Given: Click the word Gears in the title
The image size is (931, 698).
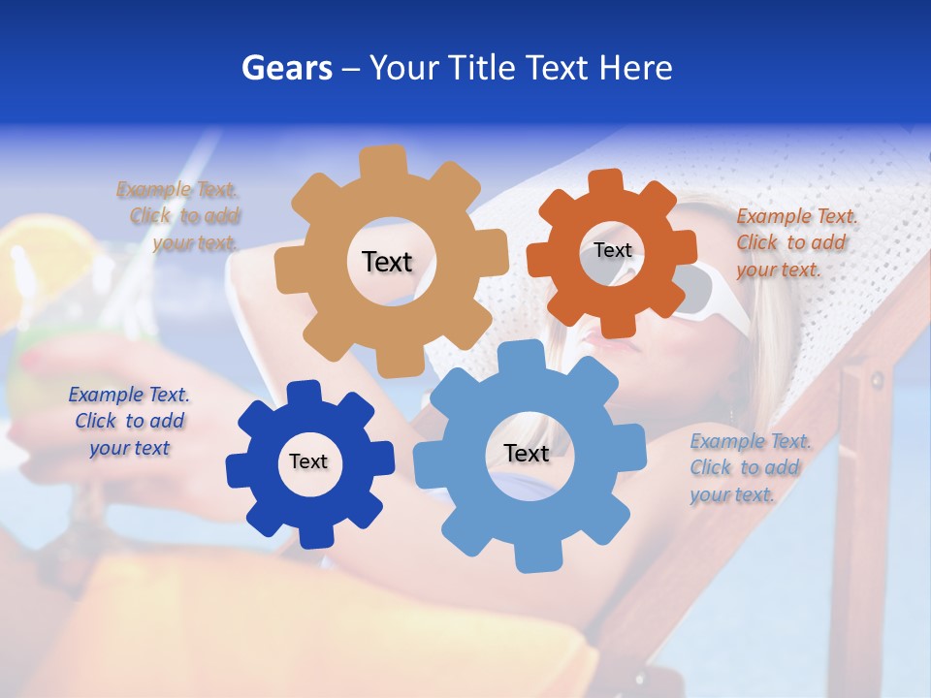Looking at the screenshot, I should [286, 68].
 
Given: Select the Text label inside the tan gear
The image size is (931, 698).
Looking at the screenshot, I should [387, 262].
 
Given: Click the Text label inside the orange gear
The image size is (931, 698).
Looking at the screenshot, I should [613, 250].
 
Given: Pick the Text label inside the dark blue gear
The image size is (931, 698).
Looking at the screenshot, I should [308, 461].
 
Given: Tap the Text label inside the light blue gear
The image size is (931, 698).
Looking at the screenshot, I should [527, 453].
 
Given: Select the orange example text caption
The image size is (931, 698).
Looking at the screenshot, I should [795, 242].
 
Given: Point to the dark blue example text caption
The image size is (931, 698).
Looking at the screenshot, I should [129, 422].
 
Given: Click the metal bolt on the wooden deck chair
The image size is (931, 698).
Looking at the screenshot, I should [877, 378].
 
